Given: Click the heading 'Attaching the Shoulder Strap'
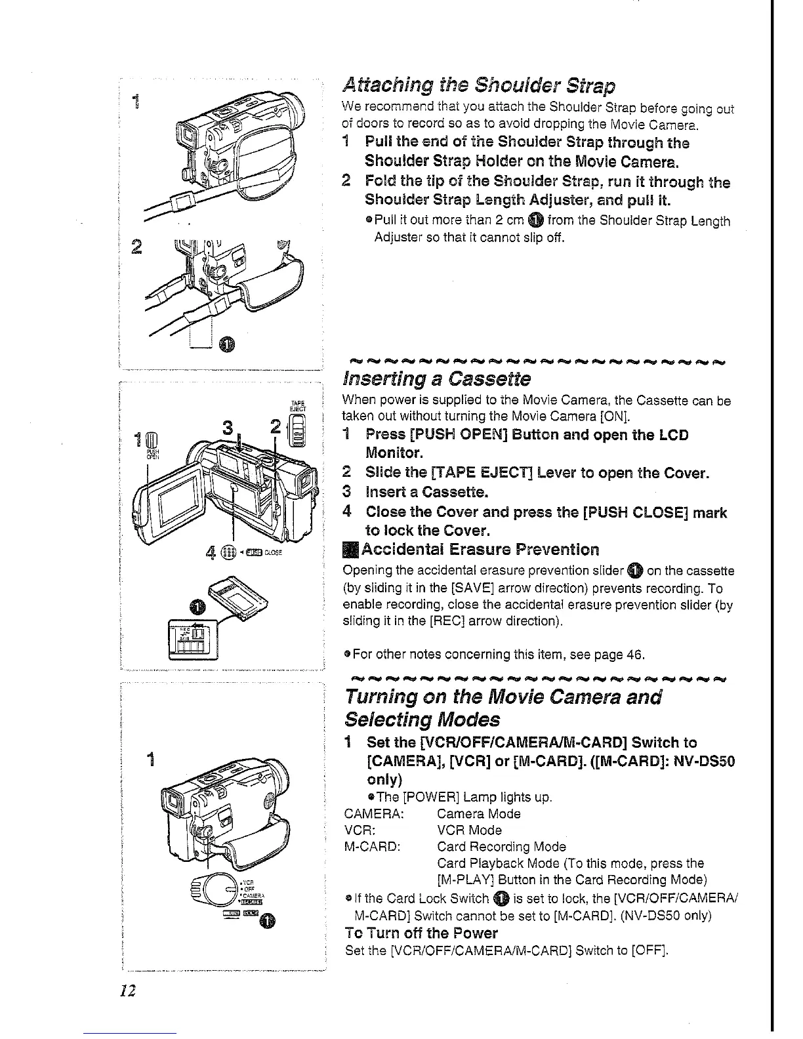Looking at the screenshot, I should coord(479,86).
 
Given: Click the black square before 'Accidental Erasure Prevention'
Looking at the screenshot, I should coord(348,549).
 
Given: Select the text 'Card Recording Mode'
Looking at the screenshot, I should coord(501,847).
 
